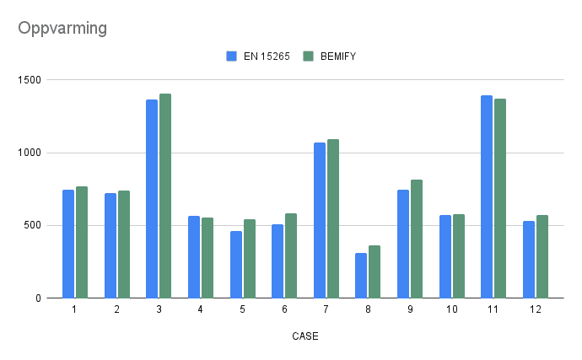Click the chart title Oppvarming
(x=62, y=29)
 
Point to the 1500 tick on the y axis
(x=31, y=80)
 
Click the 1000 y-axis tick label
(x=31, y=153)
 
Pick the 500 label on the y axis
(x=35, y=225)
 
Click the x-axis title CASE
(x=304, y=336)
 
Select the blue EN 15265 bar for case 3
(x=152, y=199)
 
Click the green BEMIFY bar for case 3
(x=165, y=196)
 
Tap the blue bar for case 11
(x=486, y=196)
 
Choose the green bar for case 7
(x=332, y=218)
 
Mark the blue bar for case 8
(x=361, y=275)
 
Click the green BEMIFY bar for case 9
(x=416, y=239)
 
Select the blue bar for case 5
(x=235, y=264)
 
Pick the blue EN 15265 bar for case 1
(x=68, y=244)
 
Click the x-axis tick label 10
(x=451, y=310)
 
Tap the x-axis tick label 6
(x=284, y=310)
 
